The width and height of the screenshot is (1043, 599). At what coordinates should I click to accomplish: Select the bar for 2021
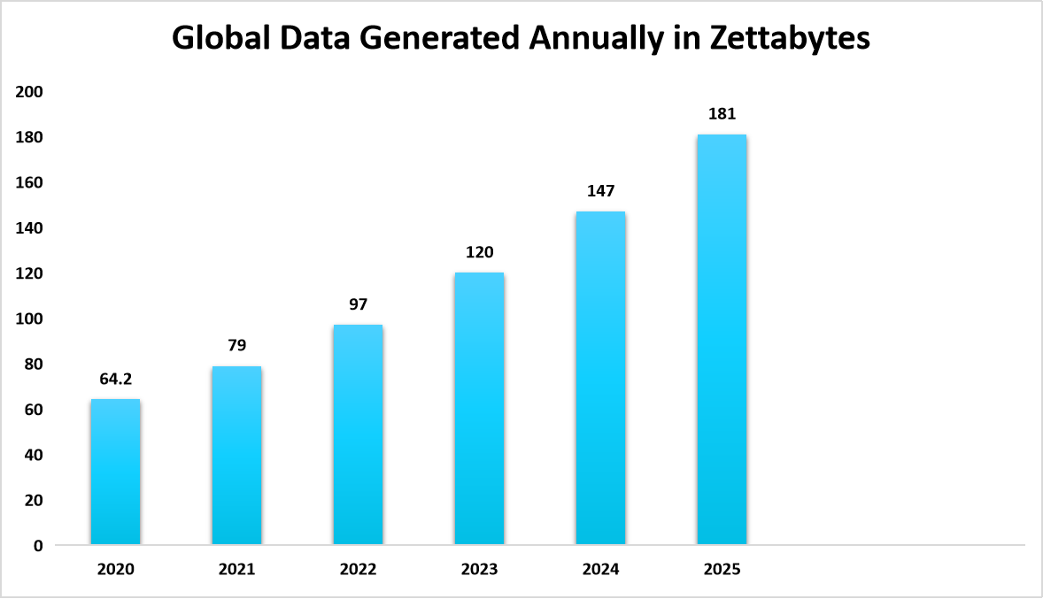coord(236,456)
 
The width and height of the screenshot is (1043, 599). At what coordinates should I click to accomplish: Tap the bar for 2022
coord(358,434)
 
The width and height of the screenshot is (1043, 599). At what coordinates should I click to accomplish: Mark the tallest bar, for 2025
coord(722,340)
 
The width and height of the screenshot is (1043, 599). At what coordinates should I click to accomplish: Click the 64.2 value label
coord(115,380)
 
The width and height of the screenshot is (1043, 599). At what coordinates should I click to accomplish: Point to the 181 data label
coord(722,114)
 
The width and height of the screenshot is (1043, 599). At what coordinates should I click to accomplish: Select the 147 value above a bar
coord(600,191)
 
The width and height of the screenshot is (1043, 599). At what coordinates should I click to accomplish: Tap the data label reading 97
coord(358,305)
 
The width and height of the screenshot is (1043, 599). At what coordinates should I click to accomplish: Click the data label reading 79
coord(236,347)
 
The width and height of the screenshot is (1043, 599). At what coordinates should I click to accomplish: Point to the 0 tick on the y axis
coord(38,546)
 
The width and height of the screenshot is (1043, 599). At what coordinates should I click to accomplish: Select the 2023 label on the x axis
coord(479,570)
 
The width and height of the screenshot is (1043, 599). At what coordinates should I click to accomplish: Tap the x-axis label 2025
coord(722,570)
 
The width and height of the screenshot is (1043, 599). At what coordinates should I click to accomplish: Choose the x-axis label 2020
coord(115,570)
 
